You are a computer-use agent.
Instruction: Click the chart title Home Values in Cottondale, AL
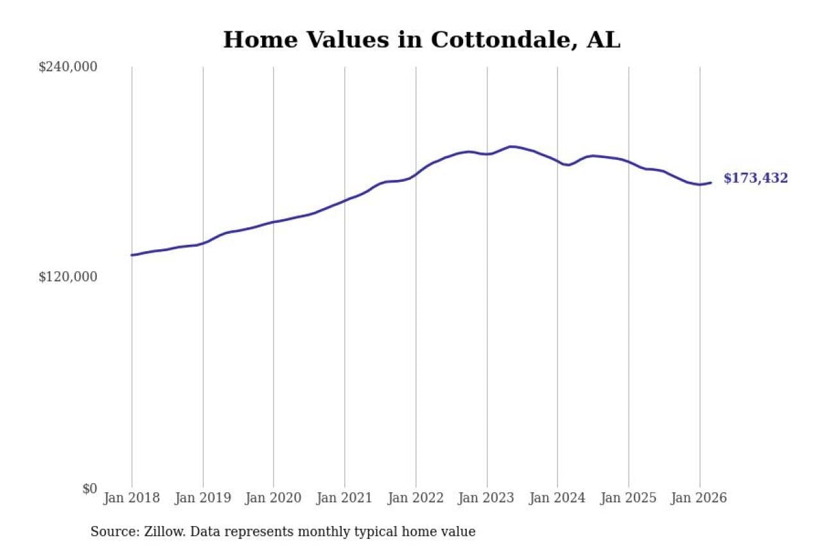tap(421, 40)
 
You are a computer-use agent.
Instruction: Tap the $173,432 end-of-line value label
tap(755, 179)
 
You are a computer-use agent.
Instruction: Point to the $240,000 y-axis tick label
tap(68, 67)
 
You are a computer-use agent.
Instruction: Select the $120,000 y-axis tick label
tap(68, 277)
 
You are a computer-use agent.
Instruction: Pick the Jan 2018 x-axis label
tap(132, 499)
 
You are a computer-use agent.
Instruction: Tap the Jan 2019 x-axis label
tap(203, 499)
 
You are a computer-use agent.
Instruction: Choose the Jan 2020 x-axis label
tap(274, 499)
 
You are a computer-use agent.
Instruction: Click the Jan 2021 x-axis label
tap(345, 499)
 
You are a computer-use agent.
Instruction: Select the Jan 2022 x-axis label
tap(416, 499)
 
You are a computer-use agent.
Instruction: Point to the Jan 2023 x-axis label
tap(487, 499)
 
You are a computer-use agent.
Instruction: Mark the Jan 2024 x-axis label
tap(557, 499)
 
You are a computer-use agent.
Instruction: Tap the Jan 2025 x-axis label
tap(629, 499)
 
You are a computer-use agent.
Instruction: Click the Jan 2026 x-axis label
tap(699, 499)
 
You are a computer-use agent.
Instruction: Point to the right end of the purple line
tap(711, 183)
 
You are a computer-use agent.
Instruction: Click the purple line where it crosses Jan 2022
tap(416, 174)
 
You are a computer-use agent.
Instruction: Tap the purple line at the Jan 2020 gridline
tap(274, 222)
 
